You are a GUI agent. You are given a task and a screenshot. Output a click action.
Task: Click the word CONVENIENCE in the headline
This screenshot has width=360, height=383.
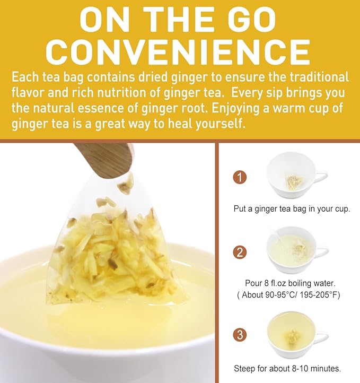click(x=180, y=51)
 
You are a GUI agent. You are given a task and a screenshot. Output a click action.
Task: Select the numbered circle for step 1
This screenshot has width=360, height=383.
click(x=241, y=177)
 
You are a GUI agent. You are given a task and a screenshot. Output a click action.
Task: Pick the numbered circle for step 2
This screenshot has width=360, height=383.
click(x=241, y=252)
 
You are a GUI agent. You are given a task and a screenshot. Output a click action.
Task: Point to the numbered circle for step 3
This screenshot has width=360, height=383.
click(x=241, y=335)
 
